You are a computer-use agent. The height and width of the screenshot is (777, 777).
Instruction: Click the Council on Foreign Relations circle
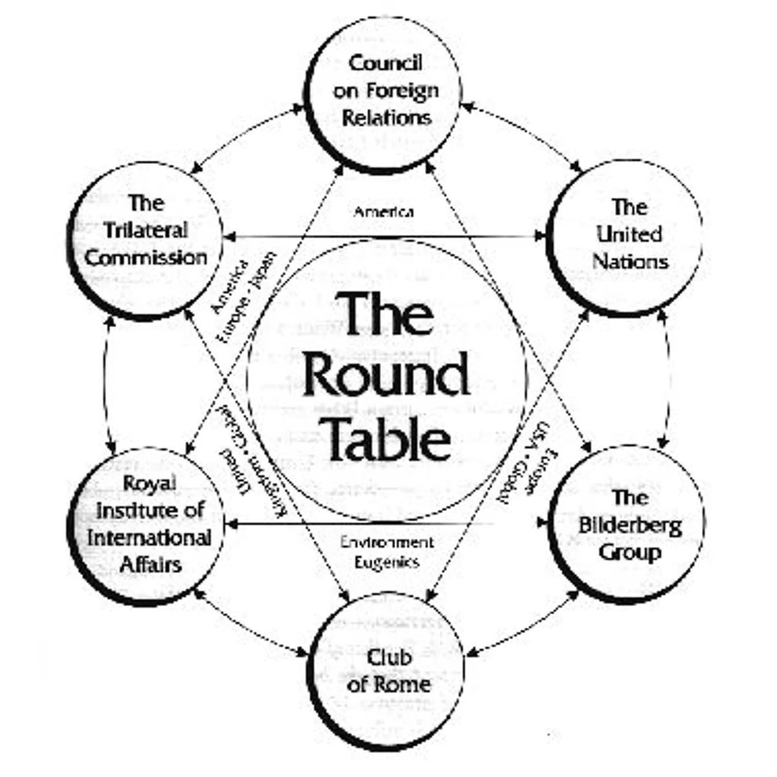coord(385,91)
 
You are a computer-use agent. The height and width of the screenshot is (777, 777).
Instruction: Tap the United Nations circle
coord(625,236)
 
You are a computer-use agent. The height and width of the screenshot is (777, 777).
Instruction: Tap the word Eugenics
coord(387,562)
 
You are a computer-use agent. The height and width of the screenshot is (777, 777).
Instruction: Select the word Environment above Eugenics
coord(387,543)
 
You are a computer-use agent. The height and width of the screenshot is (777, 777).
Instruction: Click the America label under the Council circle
coord(384,212)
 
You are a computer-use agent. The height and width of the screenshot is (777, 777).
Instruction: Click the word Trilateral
coord(146,231)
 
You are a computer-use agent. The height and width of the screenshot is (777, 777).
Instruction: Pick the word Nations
coord(629,262)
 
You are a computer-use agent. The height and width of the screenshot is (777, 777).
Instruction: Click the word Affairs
coord(150,564)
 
